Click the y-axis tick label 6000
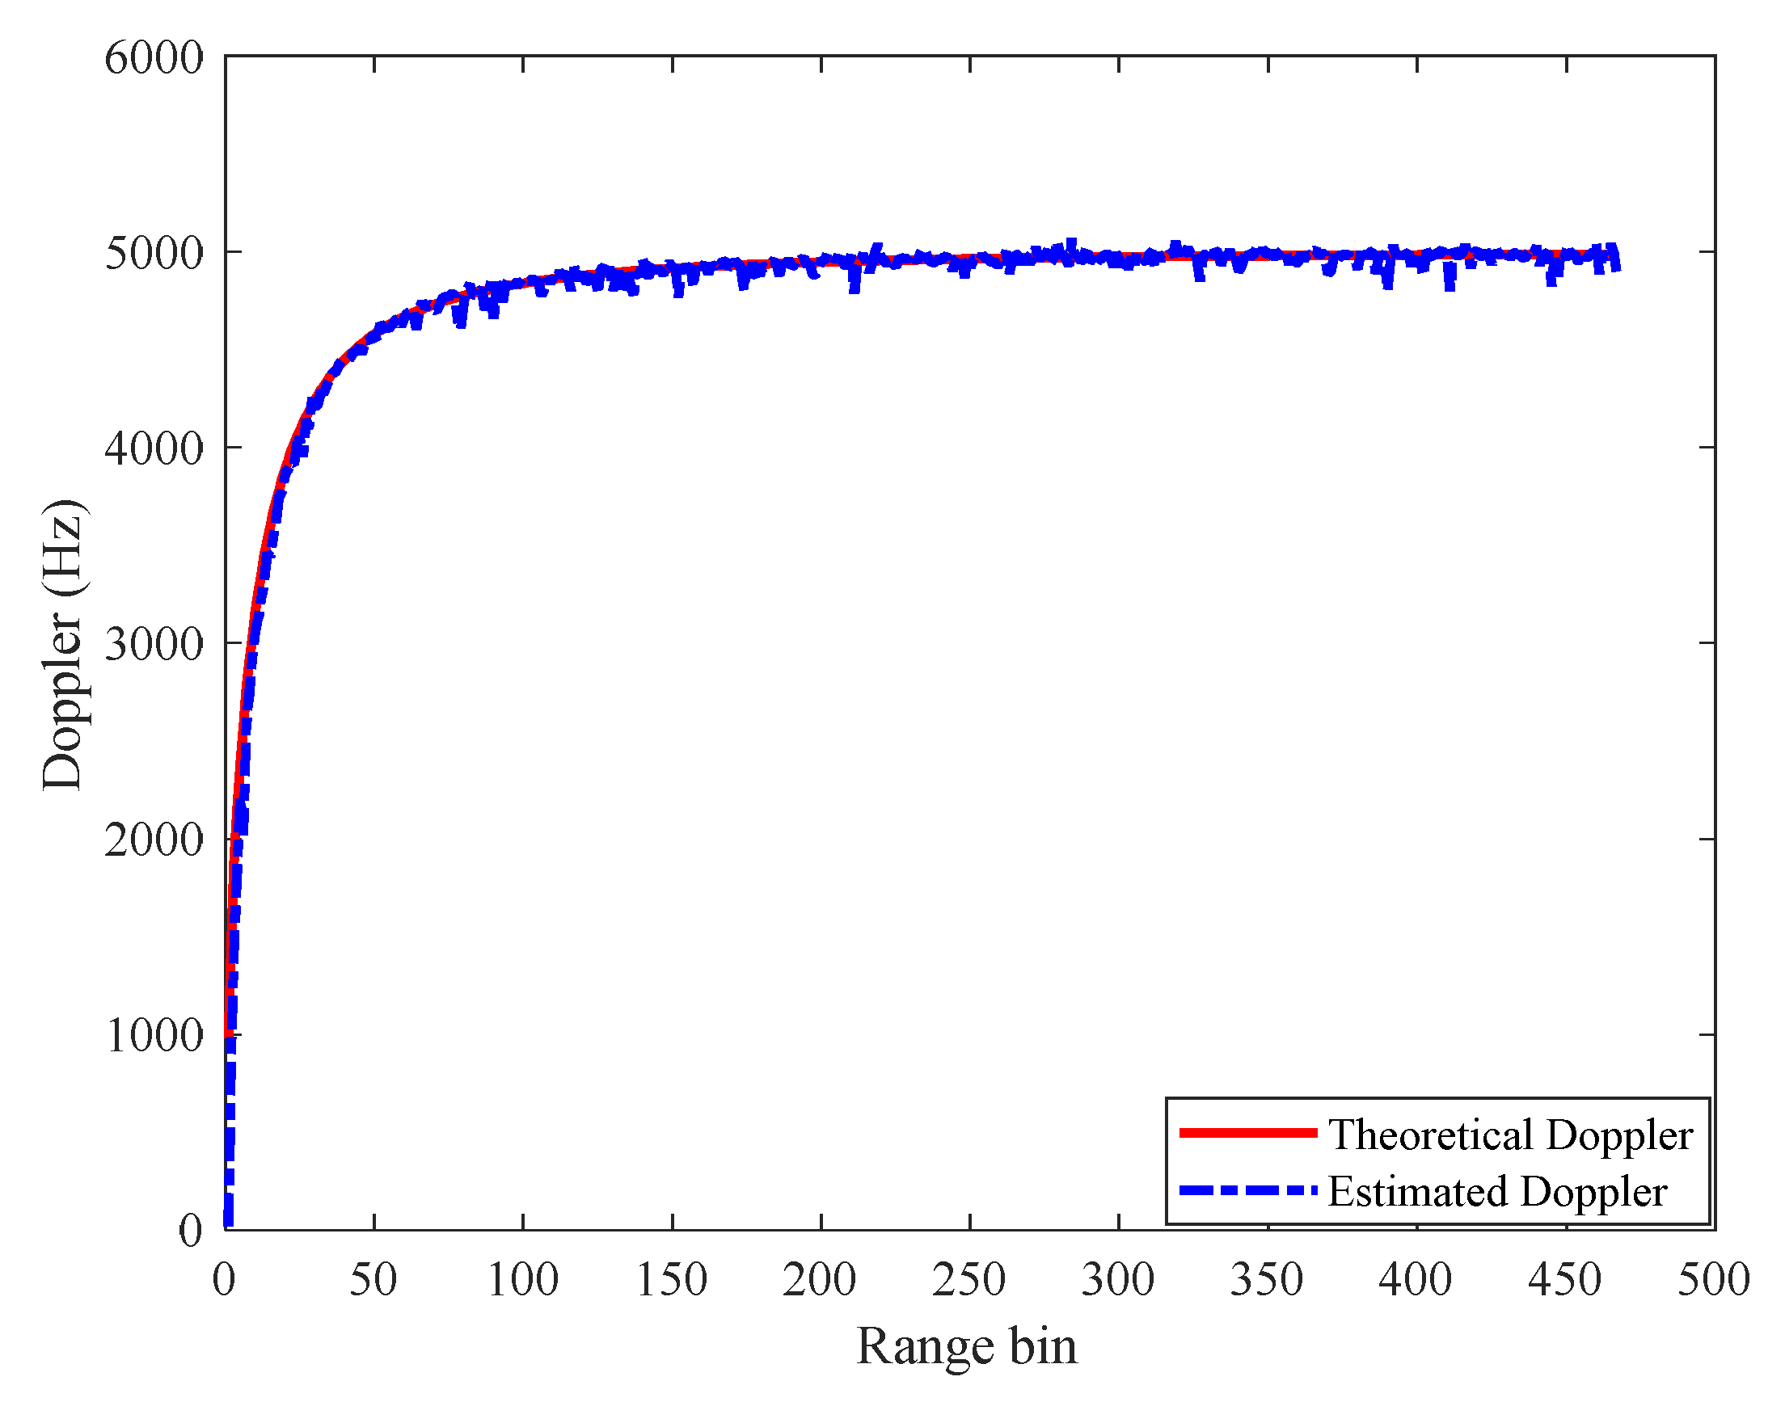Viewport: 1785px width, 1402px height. point(154,58)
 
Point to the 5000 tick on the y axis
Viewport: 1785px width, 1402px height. point(154,254)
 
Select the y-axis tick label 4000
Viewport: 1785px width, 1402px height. point(154,449)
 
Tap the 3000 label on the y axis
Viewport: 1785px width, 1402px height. point(154,644)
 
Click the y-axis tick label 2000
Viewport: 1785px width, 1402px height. point(154,840)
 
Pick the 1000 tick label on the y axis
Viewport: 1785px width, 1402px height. point(154,1035)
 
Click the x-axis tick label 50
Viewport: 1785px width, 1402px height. point(373,1280)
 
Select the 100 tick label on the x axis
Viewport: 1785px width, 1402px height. point(523,1280)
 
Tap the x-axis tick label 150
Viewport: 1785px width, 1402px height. point(672,1280)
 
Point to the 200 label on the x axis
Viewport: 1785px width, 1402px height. point(821,1280)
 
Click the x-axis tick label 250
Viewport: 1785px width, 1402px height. point(969,1280)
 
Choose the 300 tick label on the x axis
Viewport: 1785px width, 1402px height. point(1118,1280)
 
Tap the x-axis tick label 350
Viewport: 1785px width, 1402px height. point(1267,1280)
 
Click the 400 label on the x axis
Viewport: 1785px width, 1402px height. point(1416,1280)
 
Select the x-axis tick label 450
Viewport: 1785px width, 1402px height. point(1565,1280)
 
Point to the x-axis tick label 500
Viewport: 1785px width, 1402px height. point(1715,1280)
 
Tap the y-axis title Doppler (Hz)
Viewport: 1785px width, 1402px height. point(62,644)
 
